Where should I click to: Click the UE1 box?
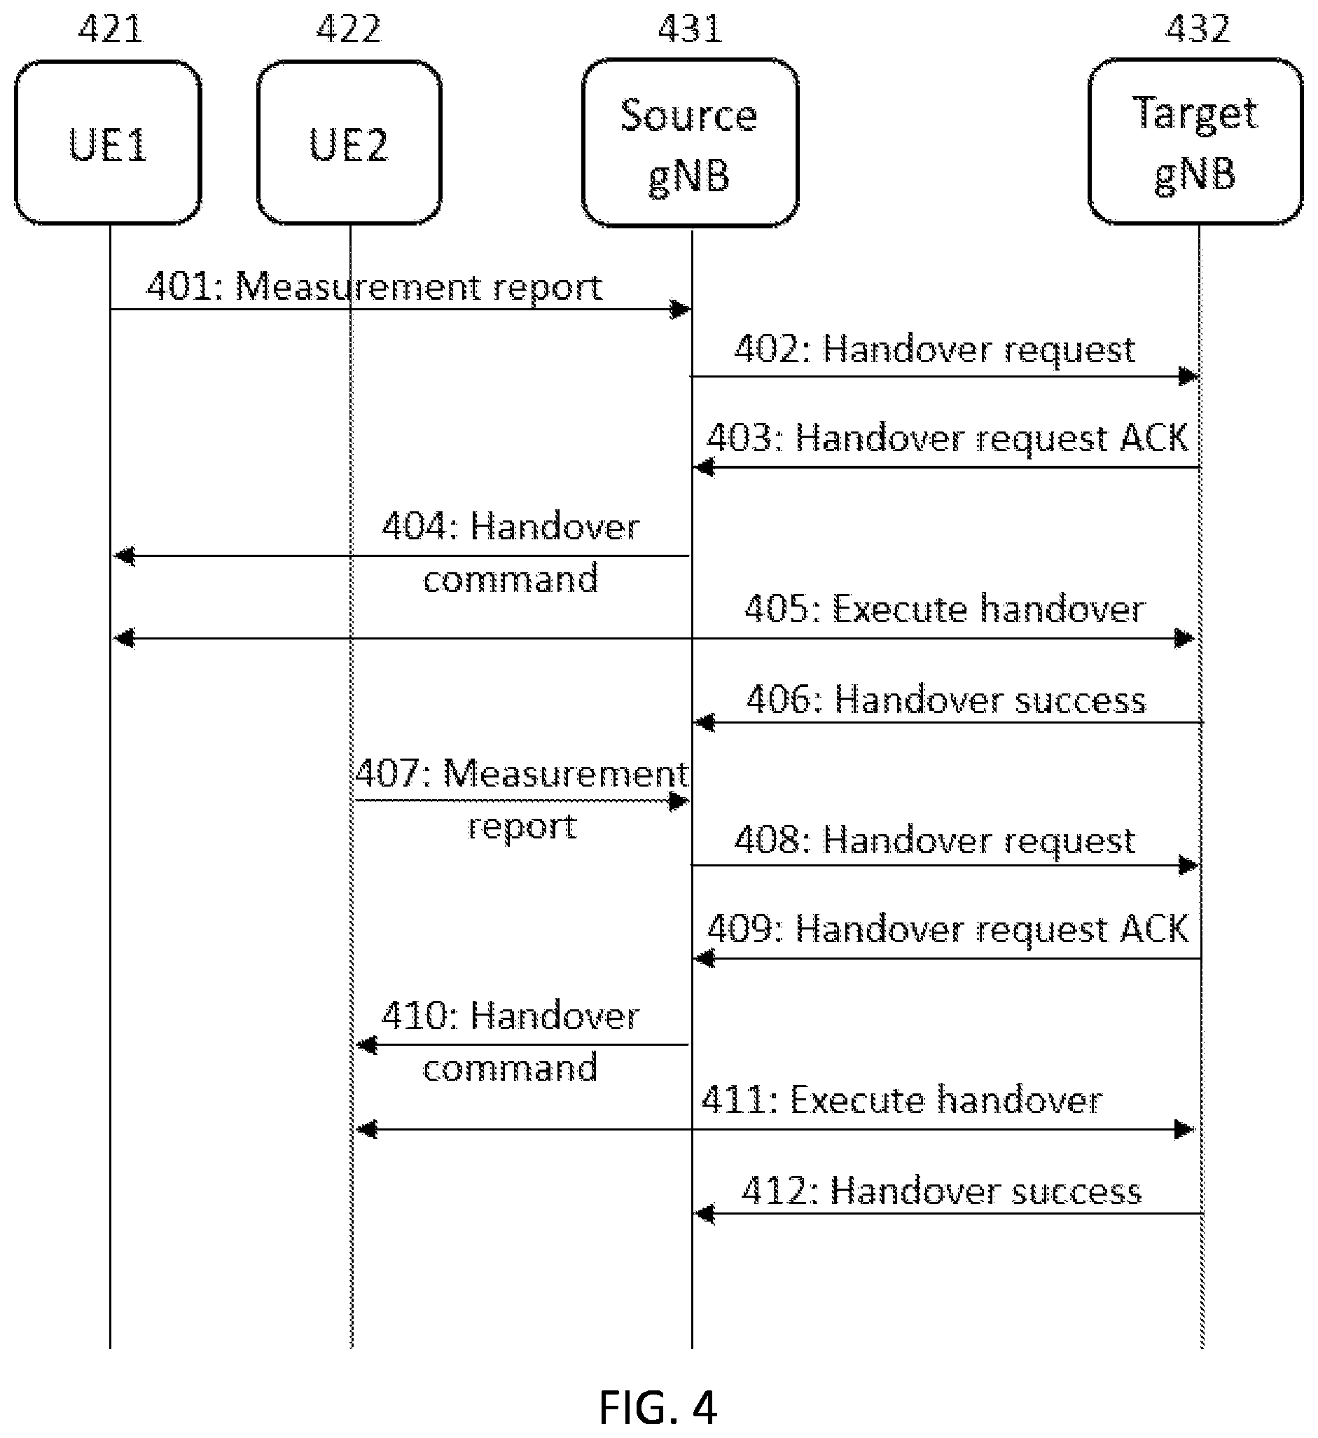pos(109,143)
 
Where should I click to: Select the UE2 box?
pos(349,143)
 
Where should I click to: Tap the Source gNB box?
pos(691,143)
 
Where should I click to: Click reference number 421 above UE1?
pos(111,29)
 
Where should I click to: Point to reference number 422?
pos(349,29)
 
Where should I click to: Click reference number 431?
pos(691,29)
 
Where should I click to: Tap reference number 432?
pos(1198,29)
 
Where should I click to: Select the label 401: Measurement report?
pos(375,287)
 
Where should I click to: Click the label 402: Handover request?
pos(935,350)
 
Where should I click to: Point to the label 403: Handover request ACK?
pos(948,437)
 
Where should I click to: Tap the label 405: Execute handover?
pos(945,609)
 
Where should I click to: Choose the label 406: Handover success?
pos(946,700)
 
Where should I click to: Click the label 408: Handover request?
pos(935,841)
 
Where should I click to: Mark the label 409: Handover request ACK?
pos(948,929)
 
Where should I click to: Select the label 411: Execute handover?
pos(902,1100)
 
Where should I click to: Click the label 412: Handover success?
pos(941,1191)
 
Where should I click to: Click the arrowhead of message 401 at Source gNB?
pos(681,310)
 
